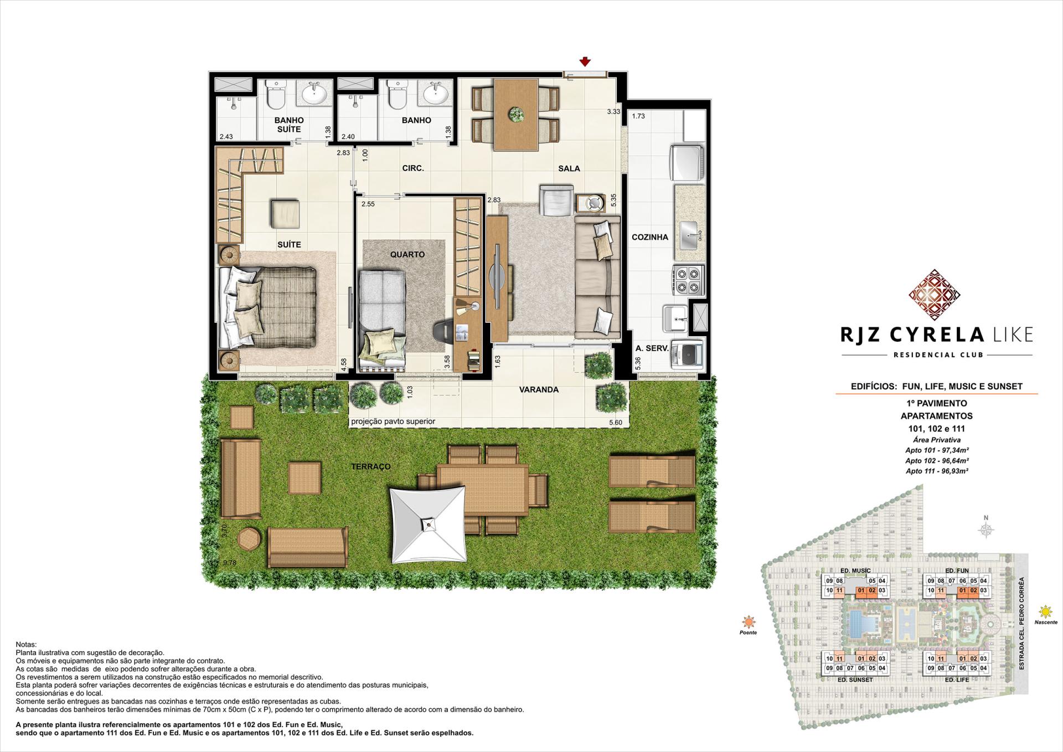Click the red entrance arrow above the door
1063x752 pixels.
click(x=585, y=62)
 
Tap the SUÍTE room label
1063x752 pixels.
click(x=289, y=244)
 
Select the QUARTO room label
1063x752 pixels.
click(x=407, y=254)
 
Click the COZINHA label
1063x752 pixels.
click(x=650, y=237)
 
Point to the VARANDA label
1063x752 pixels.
click(x=539, y=389)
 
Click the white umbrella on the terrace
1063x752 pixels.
click(x=427, y=524)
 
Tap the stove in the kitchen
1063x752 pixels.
click(x=688, y=279)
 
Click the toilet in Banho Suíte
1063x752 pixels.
click(x=275, y=95)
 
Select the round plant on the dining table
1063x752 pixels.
click(x=516, y=115)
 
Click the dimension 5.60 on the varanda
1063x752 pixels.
click(x=615, y=422)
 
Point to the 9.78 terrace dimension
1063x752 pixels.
click(x=229, y=563)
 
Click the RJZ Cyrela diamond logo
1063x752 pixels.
click(x=934, y=295)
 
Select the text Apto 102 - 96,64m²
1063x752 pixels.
click(x=937, y=461)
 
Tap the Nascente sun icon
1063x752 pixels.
click(x=1045, y=612)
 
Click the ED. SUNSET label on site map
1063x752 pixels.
click(x=856, y=679)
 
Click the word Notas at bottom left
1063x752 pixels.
click(x=27, y=645)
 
